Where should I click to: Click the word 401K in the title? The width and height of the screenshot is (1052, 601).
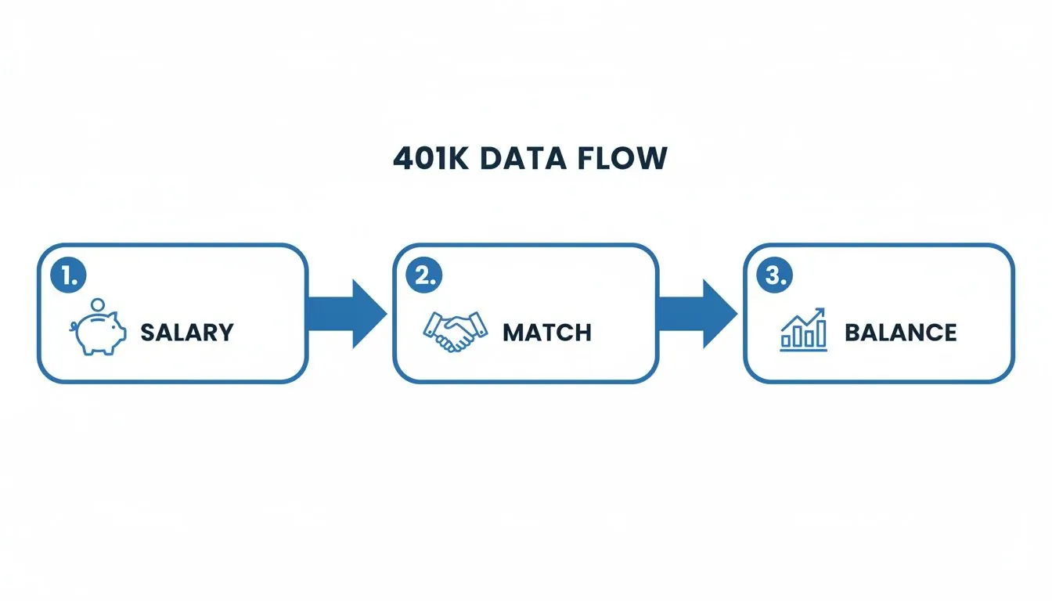pyautogui.click(x=429, y=159)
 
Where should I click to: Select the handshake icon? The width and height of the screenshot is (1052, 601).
pyautogui.click(x=454, y=332)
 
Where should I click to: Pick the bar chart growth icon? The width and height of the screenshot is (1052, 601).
pyautogui.click(x=803, y=329)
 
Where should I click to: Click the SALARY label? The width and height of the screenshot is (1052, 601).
pyautogui.click(x=187, y=333)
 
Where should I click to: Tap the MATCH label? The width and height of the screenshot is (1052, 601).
pyautogui.click(x=547, y=333)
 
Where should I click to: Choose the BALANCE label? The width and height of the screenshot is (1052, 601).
pyautogui.click(x=900, y=333)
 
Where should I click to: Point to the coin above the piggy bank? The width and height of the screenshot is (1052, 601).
pyautogui.click(x=98, y=304)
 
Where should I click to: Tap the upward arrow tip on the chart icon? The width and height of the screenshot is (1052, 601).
pyautogui.click(x=823, y=311)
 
